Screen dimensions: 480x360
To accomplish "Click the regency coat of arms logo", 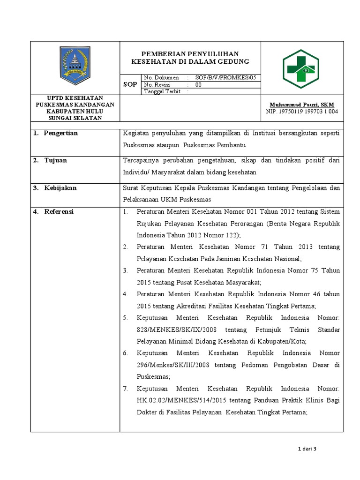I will pos(75,65).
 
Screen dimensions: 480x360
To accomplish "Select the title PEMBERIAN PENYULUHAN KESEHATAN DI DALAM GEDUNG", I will pos(190,58).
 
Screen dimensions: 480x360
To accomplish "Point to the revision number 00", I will pos(198,85).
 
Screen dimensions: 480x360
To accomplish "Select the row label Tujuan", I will pos(55,160).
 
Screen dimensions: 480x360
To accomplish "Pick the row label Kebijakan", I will pos(60,188).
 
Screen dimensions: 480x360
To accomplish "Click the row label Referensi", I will pos(59,211).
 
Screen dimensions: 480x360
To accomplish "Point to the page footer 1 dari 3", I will pos(307,449).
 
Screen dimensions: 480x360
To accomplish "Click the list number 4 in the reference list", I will pos(126,294).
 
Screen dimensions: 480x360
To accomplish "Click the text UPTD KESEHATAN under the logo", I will pos(75,97).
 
